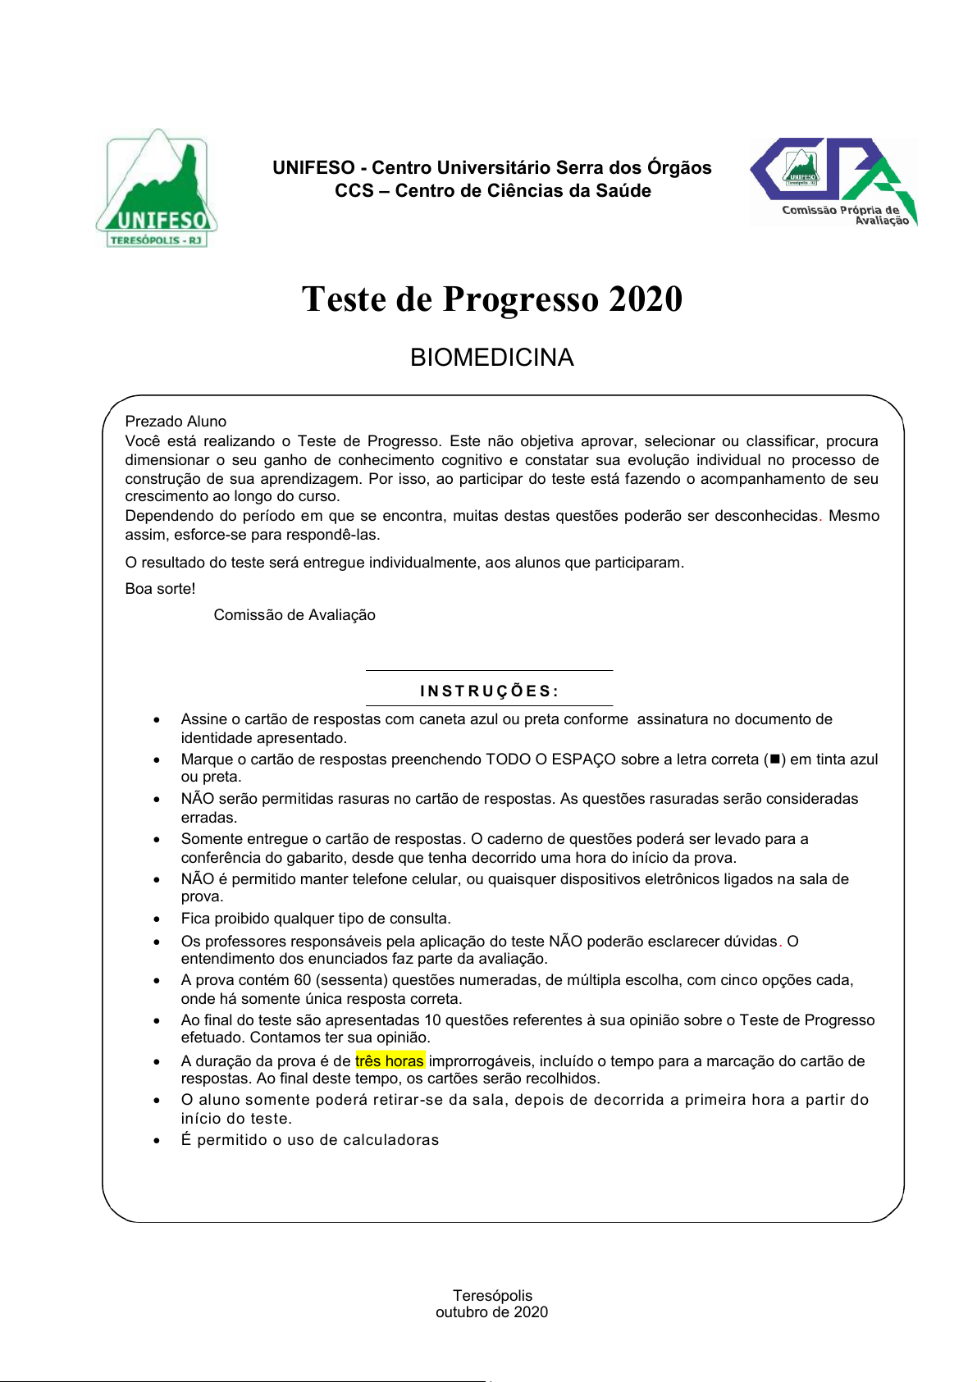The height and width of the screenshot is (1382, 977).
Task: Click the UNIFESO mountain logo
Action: pyautogui.click(x=156, y=189)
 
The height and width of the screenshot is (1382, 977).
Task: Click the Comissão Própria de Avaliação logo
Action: pyautogui.click(x=833, y=182)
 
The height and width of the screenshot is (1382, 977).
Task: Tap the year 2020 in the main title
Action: pyautogui.click(x=646, y=299)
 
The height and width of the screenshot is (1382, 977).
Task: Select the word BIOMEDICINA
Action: pyautogui.click(x=491, y=358)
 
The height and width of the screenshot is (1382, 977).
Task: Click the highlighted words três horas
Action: pyautogui.click(x=390, y=1061)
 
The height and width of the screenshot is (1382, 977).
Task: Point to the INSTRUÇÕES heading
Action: pyautogui.click(x=490, y=691)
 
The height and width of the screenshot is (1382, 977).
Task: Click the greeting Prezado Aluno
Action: pyautogui.click(x=176, y=422)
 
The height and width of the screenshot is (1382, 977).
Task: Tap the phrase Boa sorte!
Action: pyautogui.click(x=160, y=589)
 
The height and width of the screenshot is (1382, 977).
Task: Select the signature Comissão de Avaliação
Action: pyautogui.click(x=294, y=615)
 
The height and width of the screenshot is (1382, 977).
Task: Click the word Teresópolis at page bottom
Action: pyautogui.click(x=492, y=1296)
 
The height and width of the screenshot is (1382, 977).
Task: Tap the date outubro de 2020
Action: pyautogui.click(x=491, y=1312)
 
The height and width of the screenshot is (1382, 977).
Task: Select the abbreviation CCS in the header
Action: pyautogui.click(x=354, y=191)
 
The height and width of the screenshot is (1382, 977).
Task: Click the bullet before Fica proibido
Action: pyautogui.click(x=157, y=919)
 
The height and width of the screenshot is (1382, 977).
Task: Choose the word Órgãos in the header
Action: pyautogui.click(x=679, y=168)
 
